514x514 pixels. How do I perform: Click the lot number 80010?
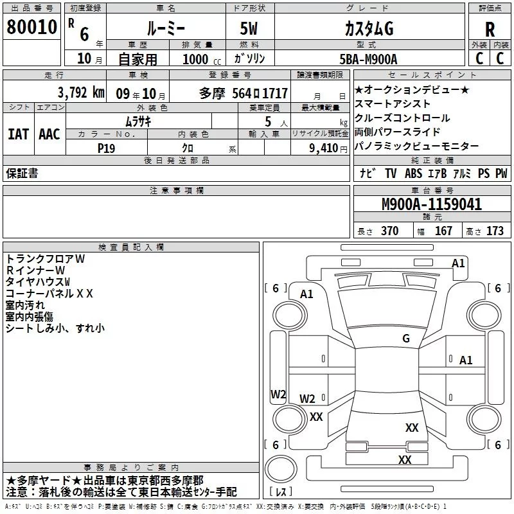coord(31,28)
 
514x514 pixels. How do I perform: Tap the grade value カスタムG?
coord(368,29)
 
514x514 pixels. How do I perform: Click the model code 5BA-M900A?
coord(368,59)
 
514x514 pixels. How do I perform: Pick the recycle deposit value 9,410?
coord(323,148)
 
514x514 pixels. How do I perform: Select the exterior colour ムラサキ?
coord(137,121)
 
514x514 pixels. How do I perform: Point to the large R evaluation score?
coord(490,30)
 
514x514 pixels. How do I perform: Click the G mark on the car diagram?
coord(405,339)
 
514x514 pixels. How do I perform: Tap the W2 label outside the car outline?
coord(278,394)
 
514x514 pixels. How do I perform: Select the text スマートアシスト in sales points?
coord(393,103)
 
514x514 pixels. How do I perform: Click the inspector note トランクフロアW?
coord(45,258)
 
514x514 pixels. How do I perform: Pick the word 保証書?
coord(22,173)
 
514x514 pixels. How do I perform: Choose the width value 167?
coord(443,231)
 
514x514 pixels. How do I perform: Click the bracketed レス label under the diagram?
coord(281,492)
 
